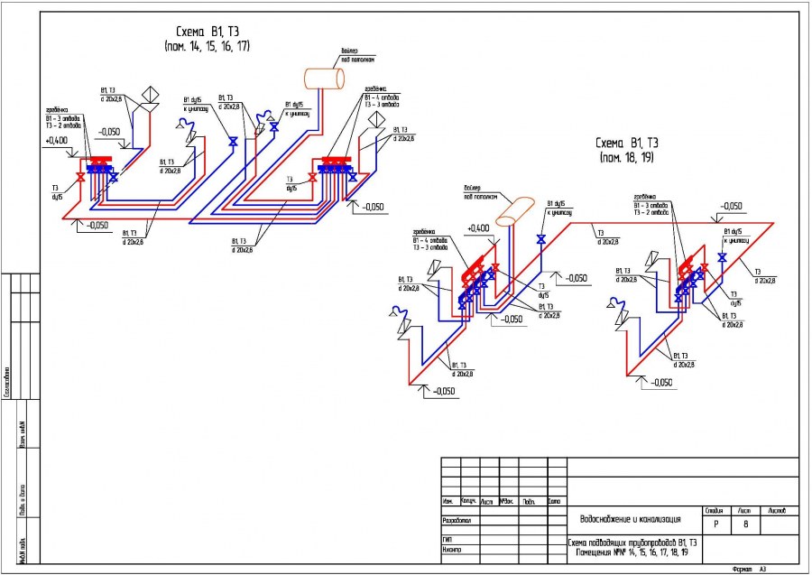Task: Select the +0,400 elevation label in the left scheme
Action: point(56,141)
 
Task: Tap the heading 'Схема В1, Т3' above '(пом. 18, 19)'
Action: point(626,143)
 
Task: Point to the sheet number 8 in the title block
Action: point(745,524)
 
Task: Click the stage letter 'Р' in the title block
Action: point(715,524)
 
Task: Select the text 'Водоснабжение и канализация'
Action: point(634,520)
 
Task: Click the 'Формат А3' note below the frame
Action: point(749,570)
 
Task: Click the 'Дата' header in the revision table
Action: point(554,501)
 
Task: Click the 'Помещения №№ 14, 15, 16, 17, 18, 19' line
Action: point(631,551)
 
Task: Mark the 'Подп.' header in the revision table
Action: point(530,501)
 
